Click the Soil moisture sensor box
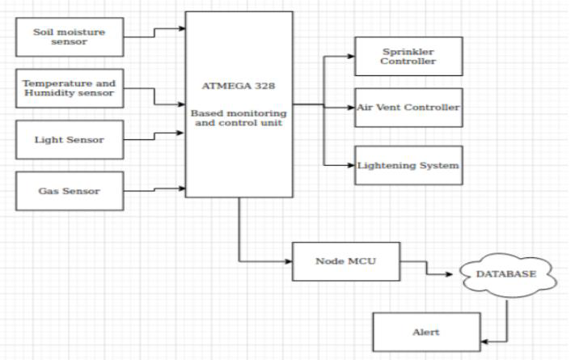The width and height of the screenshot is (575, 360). (x=70, y=37)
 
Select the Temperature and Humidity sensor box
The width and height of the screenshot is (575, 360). (x=70, y=88)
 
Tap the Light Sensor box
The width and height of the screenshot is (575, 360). (x=70, y=139)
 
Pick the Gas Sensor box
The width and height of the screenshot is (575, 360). (x=70, y=191)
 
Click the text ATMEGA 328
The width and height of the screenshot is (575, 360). (x=238, y=84)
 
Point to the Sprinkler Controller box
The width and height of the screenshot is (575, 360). (x=408, y=56)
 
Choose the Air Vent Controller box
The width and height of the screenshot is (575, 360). (x=408, y=108)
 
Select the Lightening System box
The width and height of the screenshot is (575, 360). (x=408, y=165)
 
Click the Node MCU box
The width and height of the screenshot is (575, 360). (x=346, y=262)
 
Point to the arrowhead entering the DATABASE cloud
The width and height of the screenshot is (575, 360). (x=455, y=274)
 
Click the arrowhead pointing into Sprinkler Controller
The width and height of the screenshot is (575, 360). (x=350, y=57)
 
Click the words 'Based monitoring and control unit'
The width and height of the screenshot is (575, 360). (x=238, y=119)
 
